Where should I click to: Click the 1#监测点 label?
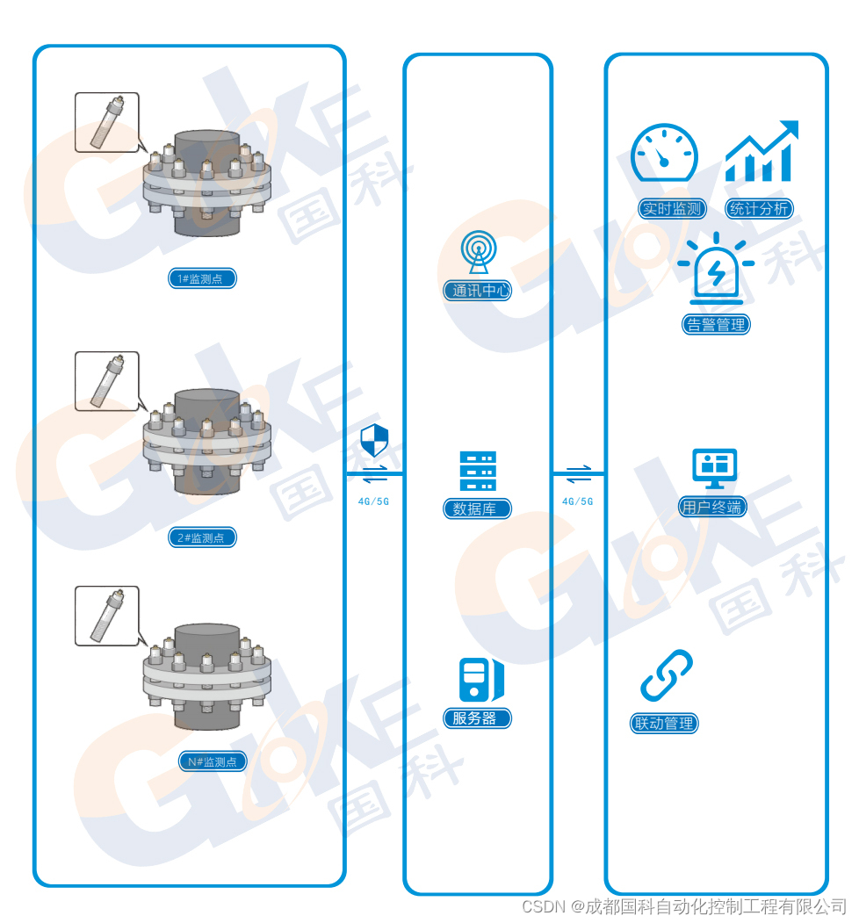[x=203, y=279]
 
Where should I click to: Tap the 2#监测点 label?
[x=203, y=537]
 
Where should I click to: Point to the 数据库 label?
[x=477, y=508]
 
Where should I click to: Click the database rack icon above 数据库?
[x=478, y=472]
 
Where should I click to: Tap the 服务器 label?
[x=477, y=718]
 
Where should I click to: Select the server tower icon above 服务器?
[x=480, y=680]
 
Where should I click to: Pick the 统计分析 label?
[x=759, y=209]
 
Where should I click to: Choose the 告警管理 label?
[x=717, y=324]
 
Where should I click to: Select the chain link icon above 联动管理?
[x=667, y=675]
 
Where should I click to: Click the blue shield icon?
[x=374, y=440]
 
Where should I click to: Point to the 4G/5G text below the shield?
[x=373, y=501]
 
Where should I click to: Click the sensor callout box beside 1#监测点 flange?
[x=106, y=123]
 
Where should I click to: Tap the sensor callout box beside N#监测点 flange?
[x=106, y=617]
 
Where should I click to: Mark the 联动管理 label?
[x=665, y=724]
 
